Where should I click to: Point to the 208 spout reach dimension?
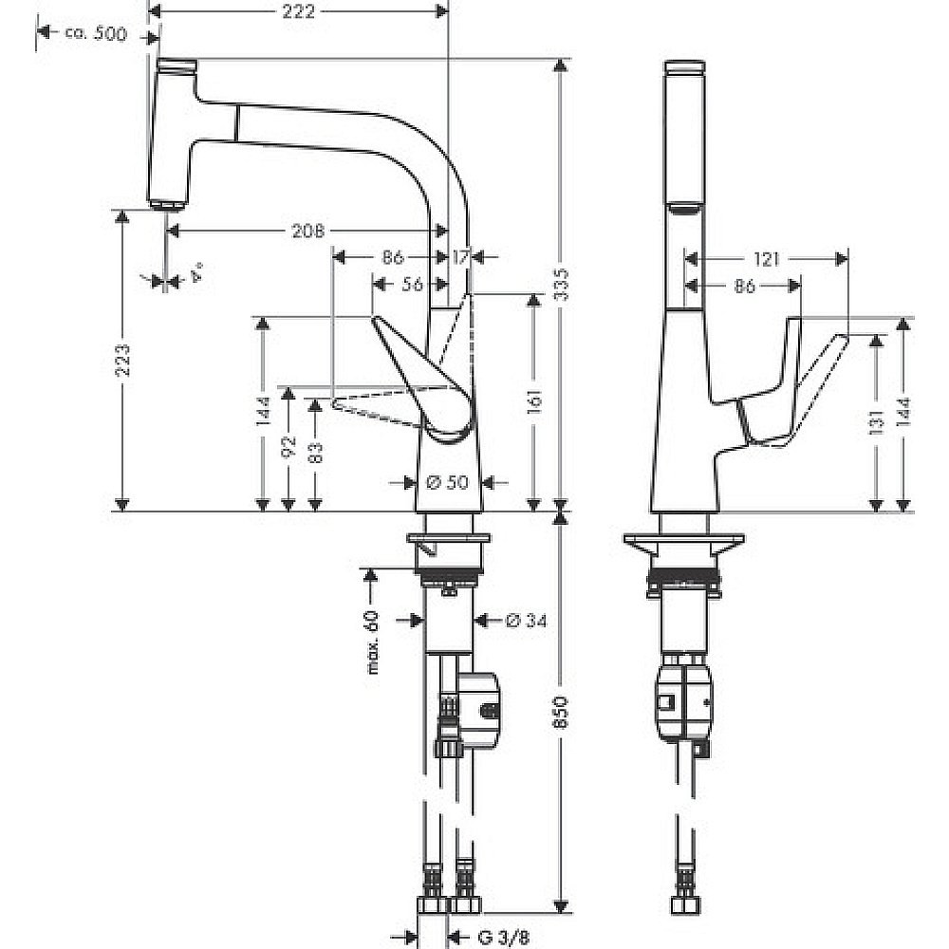308,231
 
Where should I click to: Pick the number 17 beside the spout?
461,257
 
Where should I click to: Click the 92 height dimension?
288,446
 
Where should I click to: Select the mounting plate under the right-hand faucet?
680,548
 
